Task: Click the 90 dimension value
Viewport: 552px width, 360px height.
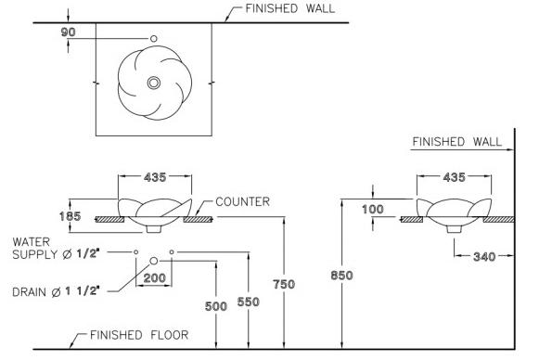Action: [68, 32]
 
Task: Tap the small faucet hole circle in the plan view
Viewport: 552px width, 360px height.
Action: [153, 39]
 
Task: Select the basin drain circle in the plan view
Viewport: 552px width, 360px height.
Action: [153, 83]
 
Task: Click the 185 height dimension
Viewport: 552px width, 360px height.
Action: [70, 216]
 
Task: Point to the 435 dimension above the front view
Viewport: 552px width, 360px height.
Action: [155, 177]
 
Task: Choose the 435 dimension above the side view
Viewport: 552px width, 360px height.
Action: [455, 177]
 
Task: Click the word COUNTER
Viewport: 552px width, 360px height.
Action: [242, 202]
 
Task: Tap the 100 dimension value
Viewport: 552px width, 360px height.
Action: [373, 210]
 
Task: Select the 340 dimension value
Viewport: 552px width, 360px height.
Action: [484, 256]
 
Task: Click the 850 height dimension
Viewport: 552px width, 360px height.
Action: [341, 276]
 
